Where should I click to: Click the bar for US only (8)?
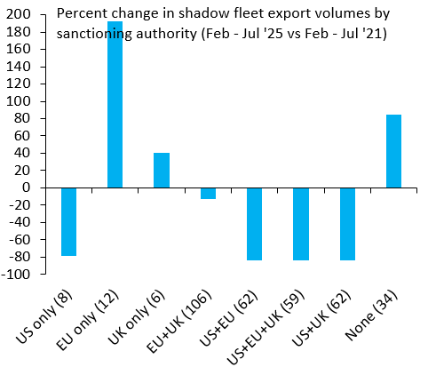[x=68, y=221]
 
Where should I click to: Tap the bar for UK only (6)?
[x=162, y=170]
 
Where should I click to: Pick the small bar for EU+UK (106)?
[x=208, y=193]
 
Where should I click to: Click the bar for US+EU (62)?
[x=255, y=224]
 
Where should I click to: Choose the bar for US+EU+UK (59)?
[x=301, y=224]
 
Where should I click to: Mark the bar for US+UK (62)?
[x=347, y=224]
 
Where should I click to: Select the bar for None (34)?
[x=393, y=151]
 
